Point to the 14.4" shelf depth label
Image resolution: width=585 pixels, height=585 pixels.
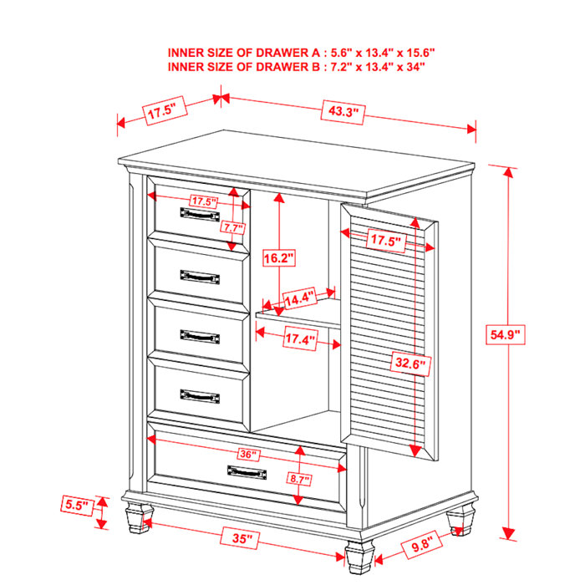[299, 298]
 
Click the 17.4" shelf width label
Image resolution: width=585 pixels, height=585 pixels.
[298, 340]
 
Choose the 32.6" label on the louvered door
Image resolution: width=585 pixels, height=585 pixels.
[410, 364]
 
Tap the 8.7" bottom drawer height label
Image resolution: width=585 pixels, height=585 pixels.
[298, 480]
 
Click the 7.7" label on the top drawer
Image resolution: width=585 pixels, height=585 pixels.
[231, 226]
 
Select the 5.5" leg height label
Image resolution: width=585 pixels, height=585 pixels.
[76, 505]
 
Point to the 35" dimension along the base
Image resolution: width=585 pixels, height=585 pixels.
[242, 539]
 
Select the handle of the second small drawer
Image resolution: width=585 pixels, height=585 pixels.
[199, 275]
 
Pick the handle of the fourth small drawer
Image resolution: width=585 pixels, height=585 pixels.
[199, 394]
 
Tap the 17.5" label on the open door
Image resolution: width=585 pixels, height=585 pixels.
[386, 242]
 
